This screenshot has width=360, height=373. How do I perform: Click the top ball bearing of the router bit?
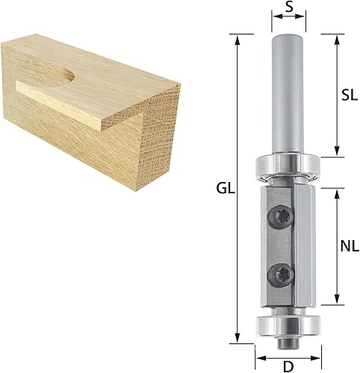(288, 166)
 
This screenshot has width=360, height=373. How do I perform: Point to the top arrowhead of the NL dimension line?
(338, 184)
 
